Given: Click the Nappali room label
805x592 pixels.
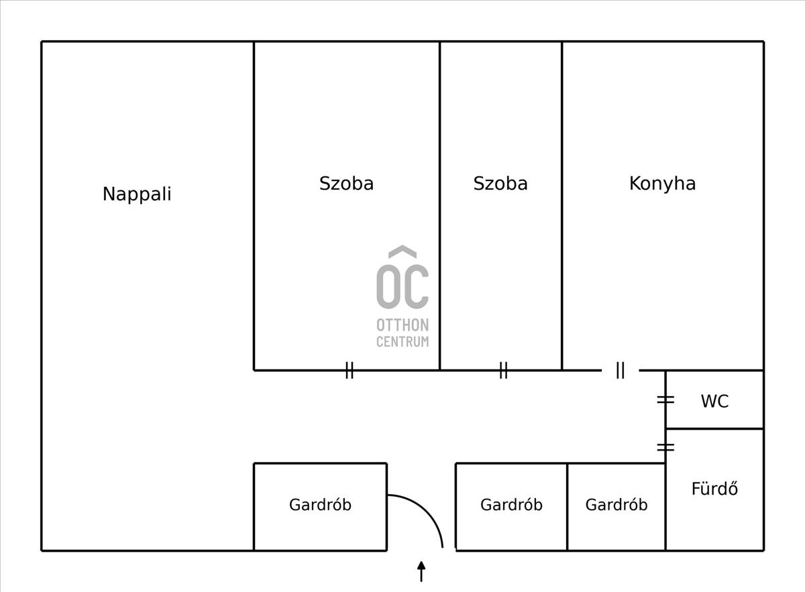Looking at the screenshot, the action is [x=137, y=194].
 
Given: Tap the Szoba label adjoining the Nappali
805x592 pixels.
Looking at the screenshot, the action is [x=346, y=184].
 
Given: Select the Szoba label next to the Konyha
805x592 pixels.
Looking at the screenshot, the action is [x=500, y=184].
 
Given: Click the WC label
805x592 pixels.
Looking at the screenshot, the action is [x=715, y=401].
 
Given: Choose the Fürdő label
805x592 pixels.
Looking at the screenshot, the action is [x=715, y=488].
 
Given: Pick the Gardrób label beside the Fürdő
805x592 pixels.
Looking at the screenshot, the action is [x=616, y=505].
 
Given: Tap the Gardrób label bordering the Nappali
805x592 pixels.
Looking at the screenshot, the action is [x=320, y=505].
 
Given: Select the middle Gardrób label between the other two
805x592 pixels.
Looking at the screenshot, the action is [x=511, y=505].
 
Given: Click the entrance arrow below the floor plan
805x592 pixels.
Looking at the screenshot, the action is [x=421, y=571].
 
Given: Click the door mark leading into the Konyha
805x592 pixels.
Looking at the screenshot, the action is [x=621, y=370].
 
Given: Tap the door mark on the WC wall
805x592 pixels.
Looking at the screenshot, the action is [x=665, y=400].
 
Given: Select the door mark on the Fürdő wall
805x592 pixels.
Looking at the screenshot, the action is [x=665, y=447].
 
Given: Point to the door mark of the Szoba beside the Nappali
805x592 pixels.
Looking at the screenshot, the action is [x=350, y=370].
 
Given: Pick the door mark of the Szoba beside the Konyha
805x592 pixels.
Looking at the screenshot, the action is [x=504, y=370].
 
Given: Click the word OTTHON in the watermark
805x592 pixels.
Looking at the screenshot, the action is [x=402, y=325].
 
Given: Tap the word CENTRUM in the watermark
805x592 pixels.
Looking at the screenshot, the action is [x=402, y=342].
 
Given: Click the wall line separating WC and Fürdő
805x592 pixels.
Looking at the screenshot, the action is [x=714, y=428].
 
